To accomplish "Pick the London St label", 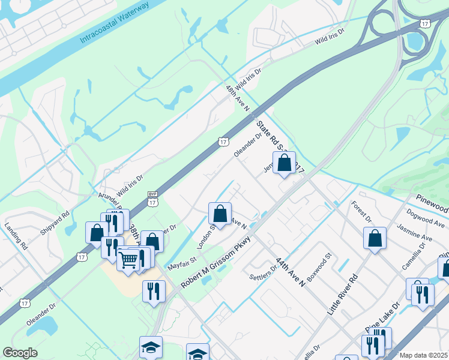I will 207,237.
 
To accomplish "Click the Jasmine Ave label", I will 414,233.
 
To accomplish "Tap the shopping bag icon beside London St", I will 220,213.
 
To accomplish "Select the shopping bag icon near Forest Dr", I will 375,238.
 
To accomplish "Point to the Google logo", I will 20,353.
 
